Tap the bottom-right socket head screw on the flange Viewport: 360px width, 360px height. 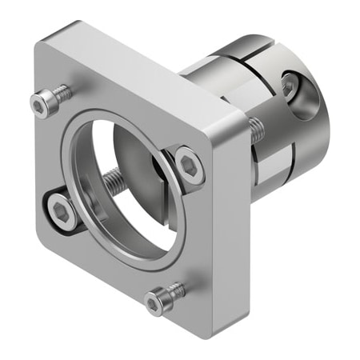tap(155, 302)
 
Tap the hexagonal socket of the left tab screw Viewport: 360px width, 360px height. tap(62, 211)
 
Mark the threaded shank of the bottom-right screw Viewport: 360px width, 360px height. tap(175, 291)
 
